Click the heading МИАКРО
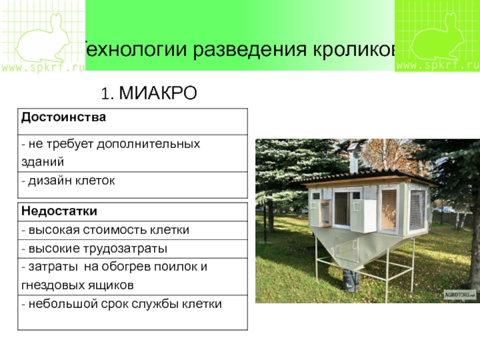tap(158, 93)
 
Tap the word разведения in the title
tap(250, 50)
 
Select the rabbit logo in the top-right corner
tap(436, 37)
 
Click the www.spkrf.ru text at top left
tap(43, 67)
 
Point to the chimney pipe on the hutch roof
tap(353, 158)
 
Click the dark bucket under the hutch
tap(351, 281)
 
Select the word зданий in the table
tap(43, 162)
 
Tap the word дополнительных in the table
tap(148, 144)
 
